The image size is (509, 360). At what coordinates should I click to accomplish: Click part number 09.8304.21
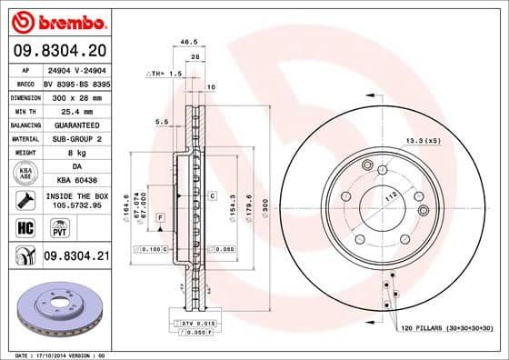[75, 258]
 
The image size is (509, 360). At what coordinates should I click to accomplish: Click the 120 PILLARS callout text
[445, 326]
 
